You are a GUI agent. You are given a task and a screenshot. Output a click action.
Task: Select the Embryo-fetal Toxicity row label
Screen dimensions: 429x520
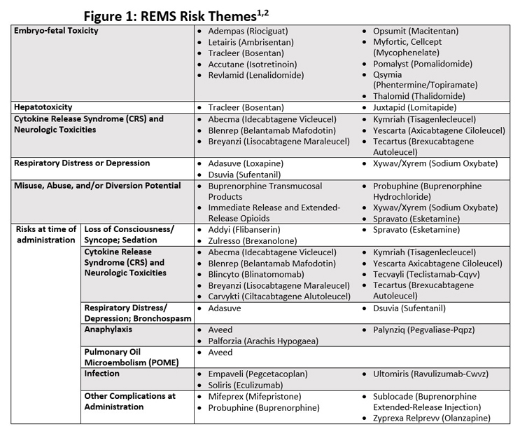[x=57, y=32]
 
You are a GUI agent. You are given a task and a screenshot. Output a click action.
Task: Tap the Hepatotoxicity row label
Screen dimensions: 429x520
[x=43, y=107]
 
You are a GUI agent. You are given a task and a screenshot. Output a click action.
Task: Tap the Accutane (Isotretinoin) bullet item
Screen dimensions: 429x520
[x=253, y=64]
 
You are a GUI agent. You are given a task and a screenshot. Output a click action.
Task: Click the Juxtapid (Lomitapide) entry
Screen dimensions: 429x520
[x=414, y=107]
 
